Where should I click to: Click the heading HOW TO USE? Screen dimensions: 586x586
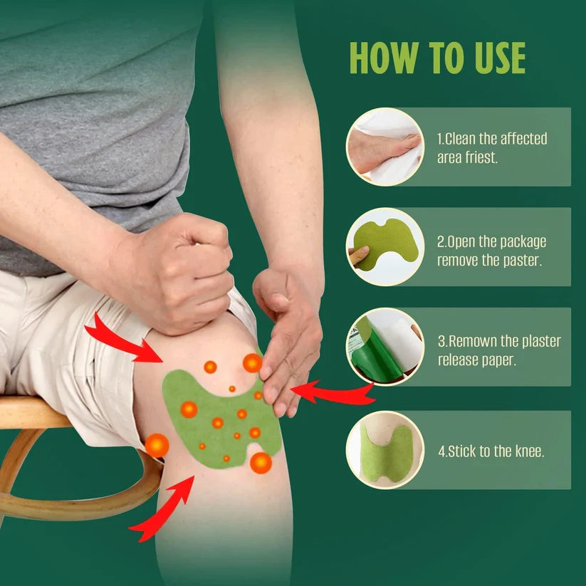click(436, 58)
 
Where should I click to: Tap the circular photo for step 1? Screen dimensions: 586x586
click(384, 147)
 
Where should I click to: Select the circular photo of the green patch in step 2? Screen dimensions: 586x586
click(384, 246)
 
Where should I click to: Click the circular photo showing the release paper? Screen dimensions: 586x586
click(384, 346)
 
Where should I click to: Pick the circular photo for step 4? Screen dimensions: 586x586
click(384, 450)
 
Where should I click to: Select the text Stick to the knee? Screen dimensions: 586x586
click(496, 451)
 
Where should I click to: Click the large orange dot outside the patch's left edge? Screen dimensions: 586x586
click(157, 446)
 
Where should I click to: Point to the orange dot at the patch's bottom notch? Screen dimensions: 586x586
click(261, 463)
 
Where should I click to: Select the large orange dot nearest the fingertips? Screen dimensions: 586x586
click(252, 363)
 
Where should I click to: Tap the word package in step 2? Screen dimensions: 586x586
click(516, 242)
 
